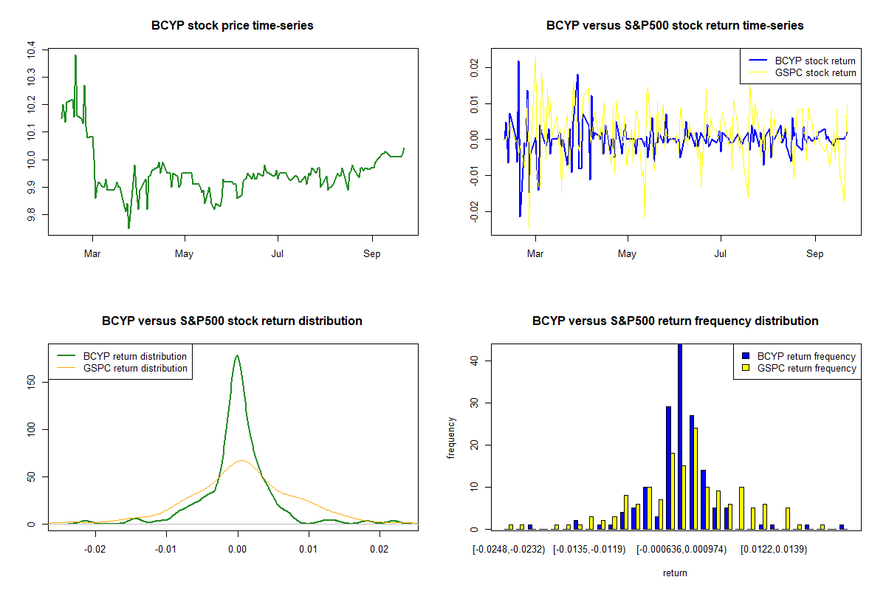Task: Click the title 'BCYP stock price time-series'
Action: click(x=233, y=26)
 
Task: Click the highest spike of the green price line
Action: click(x=75, y=55)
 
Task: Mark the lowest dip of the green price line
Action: click(x=128, y=228)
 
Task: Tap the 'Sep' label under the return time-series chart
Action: click(x=815, y=254)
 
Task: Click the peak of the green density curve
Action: click(x=237, y=355)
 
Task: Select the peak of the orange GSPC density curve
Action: click(x=241, y=460)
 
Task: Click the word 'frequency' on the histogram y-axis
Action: click(x=452, y=438)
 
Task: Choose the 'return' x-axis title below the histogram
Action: click(x=675, y=573)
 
